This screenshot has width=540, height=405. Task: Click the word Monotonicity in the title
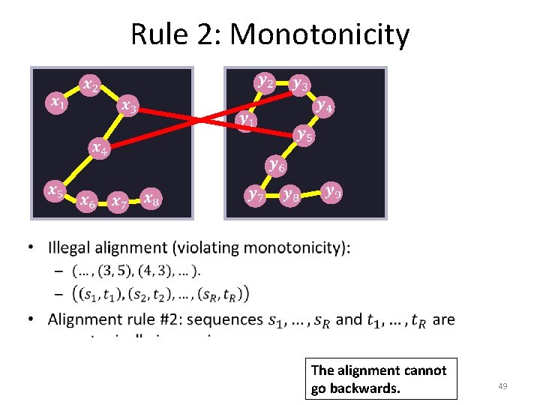click(320, 35)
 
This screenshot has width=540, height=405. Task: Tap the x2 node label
click(90, 85)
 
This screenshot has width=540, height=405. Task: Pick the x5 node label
click(55, 190)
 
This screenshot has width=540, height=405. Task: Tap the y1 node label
click(246, 118)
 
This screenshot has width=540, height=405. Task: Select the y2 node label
click(265, 81)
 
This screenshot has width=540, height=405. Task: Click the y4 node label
click(325, 106)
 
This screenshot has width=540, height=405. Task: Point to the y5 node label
click(304, 135)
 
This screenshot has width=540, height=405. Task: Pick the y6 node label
click(276, 164)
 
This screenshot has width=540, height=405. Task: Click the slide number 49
click(502, 385)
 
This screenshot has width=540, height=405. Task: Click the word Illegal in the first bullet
click(70, 247)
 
